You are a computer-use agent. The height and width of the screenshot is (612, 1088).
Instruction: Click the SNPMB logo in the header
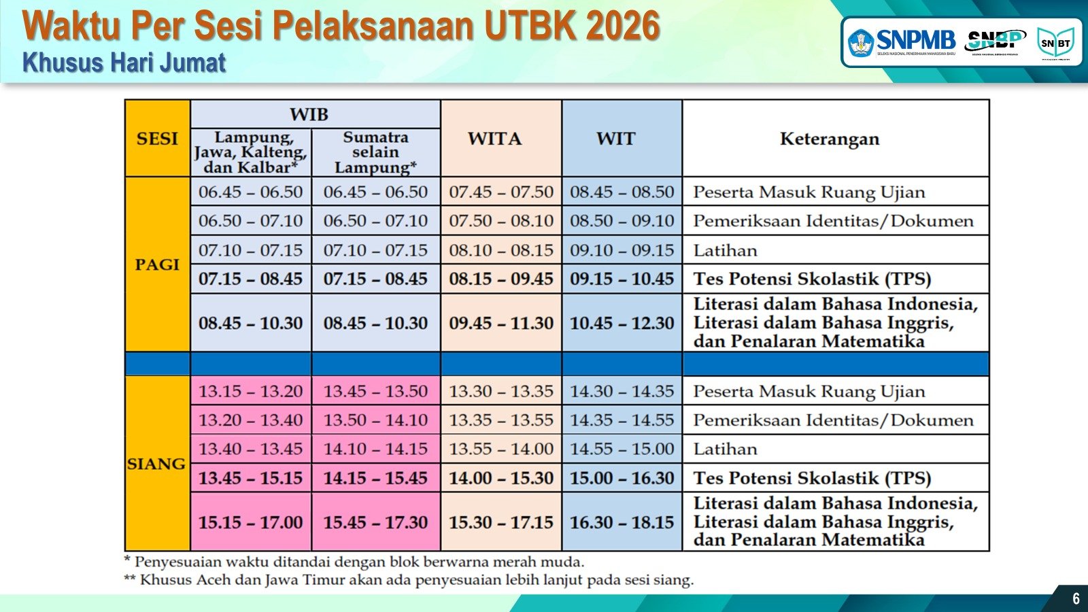[902, 42]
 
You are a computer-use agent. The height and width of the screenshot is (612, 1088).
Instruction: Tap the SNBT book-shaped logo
[1055, 43]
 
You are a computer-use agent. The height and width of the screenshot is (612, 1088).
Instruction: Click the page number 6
[1076, 598]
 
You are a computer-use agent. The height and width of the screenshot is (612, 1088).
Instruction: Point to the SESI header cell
[157, 139]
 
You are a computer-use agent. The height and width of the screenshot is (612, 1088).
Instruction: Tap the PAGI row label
[157, 265]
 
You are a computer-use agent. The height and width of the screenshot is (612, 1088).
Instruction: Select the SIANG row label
[157, 464]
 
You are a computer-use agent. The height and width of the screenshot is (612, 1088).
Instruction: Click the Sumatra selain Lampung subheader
[375, 152]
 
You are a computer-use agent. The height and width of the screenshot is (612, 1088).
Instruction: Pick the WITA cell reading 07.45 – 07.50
[501, 192]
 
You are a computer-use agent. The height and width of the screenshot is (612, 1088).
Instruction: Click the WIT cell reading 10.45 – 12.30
[622, 323]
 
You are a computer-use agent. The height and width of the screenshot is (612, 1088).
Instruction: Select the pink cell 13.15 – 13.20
[251, 391]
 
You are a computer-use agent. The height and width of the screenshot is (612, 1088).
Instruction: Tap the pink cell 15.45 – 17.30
[375, 522]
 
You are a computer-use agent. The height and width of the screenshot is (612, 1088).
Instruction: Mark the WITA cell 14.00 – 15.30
[501, 478]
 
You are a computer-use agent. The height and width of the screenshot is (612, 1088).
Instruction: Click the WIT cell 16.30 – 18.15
[622, 522]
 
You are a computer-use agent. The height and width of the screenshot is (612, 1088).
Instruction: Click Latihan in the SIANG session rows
[725, 449]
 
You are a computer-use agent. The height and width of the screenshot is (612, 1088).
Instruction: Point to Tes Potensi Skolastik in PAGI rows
[812, 279]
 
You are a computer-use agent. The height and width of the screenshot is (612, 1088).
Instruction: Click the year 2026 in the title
[623, 26]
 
